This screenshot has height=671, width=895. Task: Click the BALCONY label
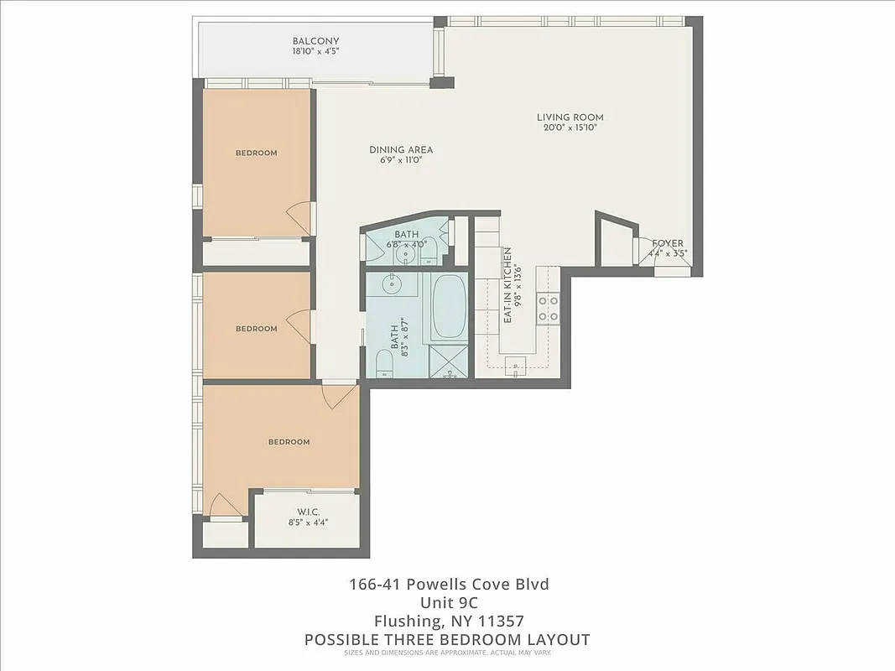click(x=315, y=41)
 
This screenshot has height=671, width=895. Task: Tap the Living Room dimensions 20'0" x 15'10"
click(x=570, y=128)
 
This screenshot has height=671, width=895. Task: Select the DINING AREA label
click(x=401, y=150)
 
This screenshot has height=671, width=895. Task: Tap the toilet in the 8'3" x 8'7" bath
click(x=384, y=362)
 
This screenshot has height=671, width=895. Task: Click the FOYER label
click(x=668, y=243)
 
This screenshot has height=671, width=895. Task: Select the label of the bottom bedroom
click(x=289, y=442)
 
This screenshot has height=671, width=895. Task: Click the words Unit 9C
click(x=449, y=602)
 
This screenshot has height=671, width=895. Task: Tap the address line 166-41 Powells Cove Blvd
click(x=449, y=584)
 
